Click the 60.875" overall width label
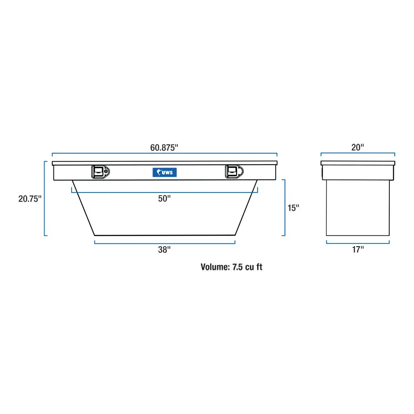[x=164, y=148]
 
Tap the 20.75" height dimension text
[x=30, y=199]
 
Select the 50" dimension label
[x=165, y=199]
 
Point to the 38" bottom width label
[x=165, y=250]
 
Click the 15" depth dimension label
[x=293, y=208]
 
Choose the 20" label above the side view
[x=358, y=148]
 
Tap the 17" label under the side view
[x=358, y=249]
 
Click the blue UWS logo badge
[x=165, y=172]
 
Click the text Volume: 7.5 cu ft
[x=231, y=267]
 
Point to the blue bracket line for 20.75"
[x=44, y=198]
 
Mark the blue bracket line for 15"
[x=285, y=207]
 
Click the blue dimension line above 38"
[x=165, y=243]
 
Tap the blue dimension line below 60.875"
[x=165, y=154]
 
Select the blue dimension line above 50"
[x=165, y=192]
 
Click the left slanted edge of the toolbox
[x=83, y=208]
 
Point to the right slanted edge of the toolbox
[x=246, y=208]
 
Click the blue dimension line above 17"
[x=358, y=243]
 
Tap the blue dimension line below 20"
[x=358, y=154]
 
